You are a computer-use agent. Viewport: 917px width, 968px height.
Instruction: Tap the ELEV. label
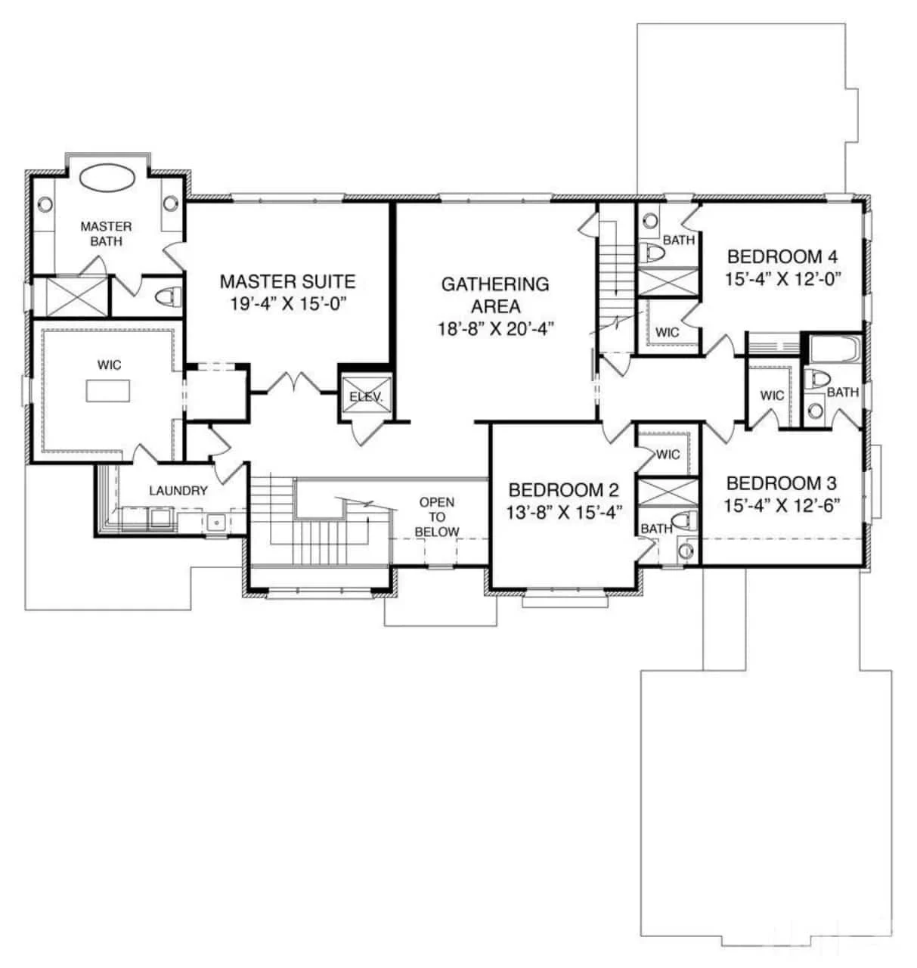365,397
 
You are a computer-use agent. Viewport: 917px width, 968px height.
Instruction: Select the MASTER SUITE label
287,282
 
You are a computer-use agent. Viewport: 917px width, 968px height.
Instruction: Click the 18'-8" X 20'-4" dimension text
495,328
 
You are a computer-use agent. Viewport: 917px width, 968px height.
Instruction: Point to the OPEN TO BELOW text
437,517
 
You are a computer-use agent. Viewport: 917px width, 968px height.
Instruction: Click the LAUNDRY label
178,491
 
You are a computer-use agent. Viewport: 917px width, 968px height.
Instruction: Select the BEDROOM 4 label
782,256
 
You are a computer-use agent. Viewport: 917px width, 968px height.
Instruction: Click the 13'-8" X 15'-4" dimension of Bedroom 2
564,511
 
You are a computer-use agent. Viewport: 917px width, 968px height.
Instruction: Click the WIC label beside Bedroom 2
668,455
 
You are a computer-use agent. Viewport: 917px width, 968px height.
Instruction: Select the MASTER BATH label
106,233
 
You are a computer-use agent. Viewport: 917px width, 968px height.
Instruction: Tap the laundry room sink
215,521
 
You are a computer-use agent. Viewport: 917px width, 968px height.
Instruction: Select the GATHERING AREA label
495,295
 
